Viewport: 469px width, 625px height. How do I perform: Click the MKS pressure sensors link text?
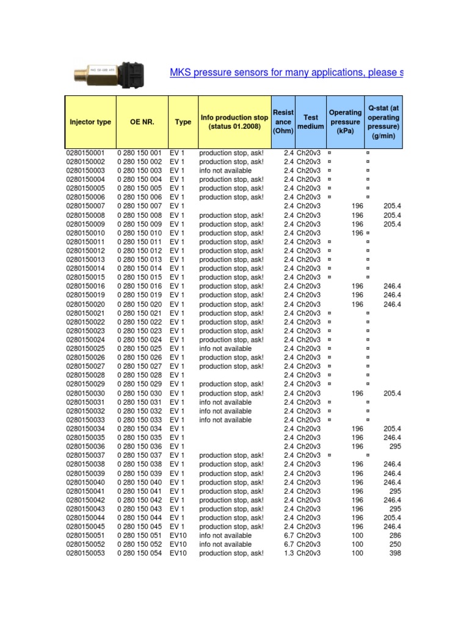[286, 73]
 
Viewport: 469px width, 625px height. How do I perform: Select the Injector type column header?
[90, 122]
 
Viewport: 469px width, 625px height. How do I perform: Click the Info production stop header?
[234, 122]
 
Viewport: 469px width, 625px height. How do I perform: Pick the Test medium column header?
[311, 122]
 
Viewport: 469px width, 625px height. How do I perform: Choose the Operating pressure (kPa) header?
[345, 122]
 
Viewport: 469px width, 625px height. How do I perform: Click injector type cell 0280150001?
[85, 153]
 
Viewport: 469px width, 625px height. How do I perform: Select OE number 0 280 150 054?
[139, 553]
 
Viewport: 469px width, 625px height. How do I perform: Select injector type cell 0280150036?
[85, 447]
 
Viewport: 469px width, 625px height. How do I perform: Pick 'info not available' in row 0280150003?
[225, 171]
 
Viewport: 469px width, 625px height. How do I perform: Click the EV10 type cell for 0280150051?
[178, 535]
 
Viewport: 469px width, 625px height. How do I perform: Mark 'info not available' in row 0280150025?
[225, 349]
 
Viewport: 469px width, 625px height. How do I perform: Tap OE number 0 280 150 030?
[139, 393]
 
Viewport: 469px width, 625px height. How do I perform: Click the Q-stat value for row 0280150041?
[394, 491]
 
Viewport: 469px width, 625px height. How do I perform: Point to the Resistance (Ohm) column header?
[283, 122]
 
